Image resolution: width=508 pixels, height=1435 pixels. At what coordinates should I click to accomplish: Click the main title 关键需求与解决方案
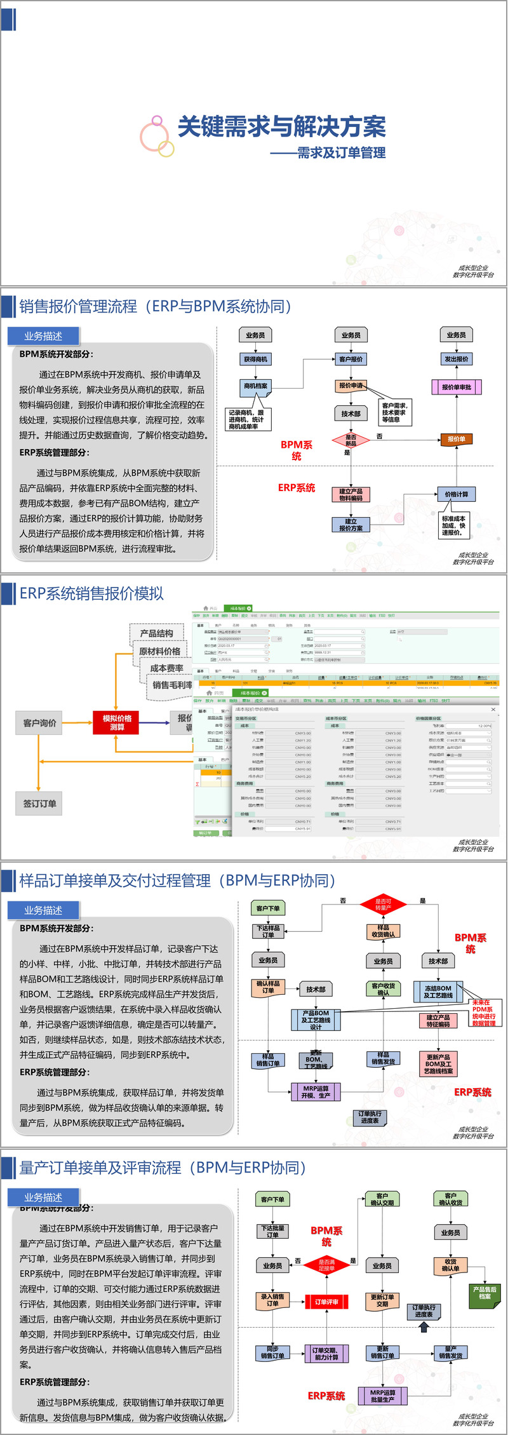281,127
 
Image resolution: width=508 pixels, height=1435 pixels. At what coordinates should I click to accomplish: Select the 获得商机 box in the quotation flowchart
255,360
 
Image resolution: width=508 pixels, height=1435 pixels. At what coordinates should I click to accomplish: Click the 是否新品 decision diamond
351,440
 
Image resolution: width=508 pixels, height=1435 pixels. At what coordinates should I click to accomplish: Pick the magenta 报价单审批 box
456,387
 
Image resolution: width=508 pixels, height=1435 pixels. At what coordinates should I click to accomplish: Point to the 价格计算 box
456,494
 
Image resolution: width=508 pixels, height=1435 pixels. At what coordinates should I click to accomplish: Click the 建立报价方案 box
351,525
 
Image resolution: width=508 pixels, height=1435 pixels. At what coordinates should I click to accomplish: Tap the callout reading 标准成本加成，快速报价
453,526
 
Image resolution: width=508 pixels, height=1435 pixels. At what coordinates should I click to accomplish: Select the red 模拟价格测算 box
117,723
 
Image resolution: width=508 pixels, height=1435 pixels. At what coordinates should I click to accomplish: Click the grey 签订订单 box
39,804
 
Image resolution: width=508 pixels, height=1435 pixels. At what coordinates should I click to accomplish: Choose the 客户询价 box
39,723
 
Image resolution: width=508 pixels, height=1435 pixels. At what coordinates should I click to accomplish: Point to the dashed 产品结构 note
156,633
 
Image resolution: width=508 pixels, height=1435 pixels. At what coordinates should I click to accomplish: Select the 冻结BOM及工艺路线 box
438,992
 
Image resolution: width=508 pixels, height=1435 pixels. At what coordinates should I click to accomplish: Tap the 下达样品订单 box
268,931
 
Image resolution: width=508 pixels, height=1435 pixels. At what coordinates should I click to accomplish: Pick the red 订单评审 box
326,1302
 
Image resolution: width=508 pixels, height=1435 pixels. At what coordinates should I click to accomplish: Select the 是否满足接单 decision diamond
326,1265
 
